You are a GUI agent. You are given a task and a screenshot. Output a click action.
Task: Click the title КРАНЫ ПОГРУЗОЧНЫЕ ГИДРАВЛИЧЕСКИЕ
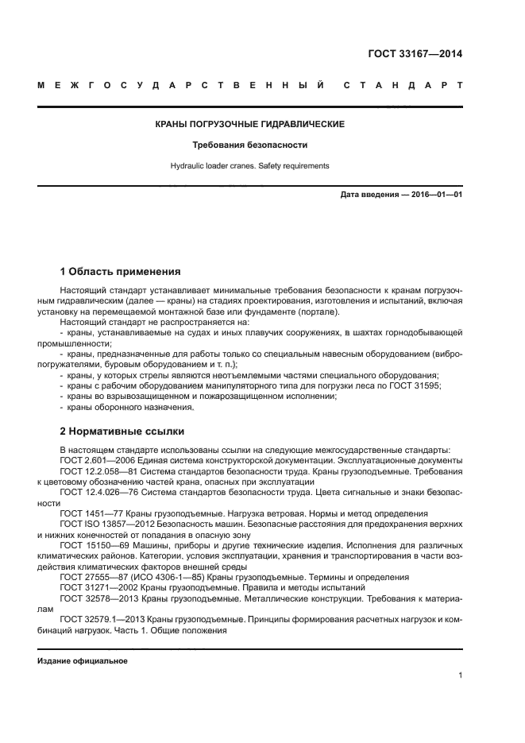(250, 125)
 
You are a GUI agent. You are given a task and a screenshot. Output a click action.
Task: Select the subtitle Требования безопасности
(250, 145)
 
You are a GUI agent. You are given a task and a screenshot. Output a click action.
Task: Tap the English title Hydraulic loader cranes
(250, 166)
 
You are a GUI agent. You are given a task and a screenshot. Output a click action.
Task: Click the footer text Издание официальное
(83, 661)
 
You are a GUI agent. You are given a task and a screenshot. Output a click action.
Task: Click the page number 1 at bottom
(460, 675)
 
